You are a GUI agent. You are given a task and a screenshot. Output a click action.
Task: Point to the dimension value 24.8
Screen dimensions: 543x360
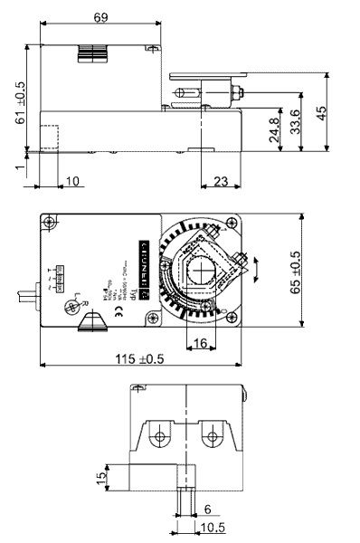tap(273, 127)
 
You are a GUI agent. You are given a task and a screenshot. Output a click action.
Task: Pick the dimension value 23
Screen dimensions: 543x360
tap(221, 181)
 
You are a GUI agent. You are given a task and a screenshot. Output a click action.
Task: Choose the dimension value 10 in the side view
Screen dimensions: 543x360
tap(73, 181)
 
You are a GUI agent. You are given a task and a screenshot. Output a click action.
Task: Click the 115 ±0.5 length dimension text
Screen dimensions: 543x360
tap(141, 358)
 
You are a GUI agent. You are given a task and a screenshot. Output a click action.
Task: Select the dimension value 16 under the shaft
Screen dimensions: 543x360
tap(201, 341)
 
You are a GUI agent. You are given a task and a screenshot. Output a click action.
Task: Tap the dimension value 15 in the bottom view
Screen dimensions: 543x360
tap(102, 473)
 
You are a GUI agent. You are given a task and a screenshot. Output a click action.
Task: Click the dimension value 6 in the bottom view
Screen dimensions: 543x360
tap(206, 510)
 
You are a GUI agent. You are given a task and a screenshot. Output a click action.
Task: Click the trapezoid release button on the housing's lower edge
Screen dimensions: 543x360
tap(93, 322)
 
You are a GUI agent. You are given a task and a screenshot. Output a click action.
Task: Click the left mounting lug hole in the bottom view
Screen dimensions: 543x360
tap(160, 438)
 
